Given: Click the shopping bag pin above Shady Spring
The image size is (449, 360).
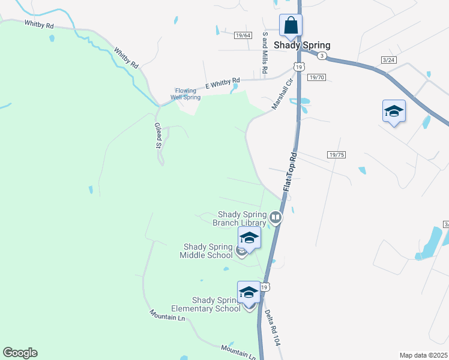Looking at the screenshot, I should (x=291, y=26).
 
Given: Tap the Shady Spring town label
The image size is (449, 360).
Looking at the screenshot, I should (x=302, y=45).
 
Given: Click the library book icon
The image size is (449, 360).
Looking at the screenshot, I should (x=276, y=217).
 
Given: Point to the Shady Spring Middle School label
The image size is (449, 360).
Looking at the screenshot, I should (x=208, y=251).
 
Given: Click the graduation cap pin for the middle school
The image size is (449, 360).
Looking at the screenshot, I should (x=249, y=238).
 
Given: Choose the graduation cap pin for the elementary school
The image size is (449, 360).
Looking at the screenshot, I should (x=249, y=293).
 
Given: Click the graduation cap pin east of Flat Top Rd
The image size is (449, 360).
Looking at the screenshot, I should (x=394, y=112).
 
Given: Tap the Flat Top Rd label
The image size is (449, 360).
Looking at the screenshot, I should (x=291, y=172).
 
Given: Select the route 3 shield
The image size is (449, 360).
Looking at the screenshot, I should (x=322, y=56).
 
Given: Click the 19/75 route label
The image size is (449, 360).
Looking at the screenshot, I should (x=337, y=155).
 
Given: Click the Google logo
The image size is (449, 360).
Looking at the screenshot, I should (x=20, y=353).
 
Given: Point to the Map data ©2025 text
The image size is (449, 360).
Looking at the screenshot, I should (x=423, y=355).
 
